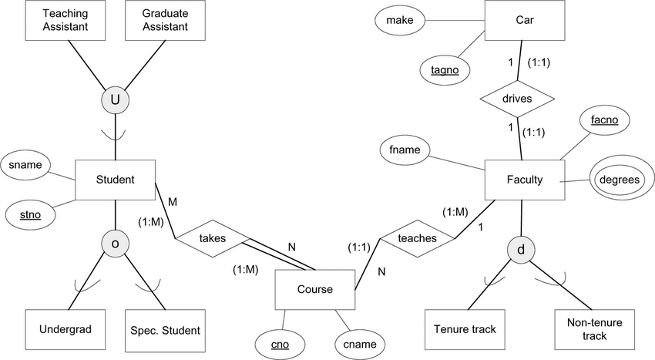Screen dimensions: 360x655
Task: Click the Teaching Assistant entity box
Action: pyautogui.click(x=65, y=21)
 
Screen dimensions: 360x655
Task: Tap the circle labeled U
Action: pyautogui.click(x=115, y=100)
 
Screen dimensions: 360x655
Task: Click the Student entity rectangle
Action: pyautogui.click(x=115, y=180)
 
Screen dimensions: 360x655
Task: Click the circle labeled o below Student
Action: pyautogui.click(x=115, y=243)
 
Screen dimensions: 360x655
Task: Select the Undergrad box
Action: pyautogui.click(x=65, y=329)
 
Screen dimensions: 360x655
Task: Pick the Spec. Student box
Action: pyautogui.click(x=164, y=329)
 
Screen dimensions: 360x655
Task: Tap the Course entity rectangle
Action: pyautogui.click(x=315, y=290)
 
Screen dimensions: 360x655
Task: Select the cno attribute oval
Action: pyautogui.click(x=280, y=344)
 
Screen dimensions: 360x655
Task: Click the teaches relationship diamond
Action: pyautogui.click(x=416, y=238)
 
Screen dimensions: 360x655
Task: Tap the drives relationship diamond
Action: pyautogui.click(x=517, y=99)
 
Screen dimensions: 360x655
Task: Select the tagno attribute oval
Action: pyautogui.click(x=445, y=69)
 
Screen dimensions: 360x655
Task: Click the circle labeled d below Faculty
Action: pyautogui.click(x=522, y=249)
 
